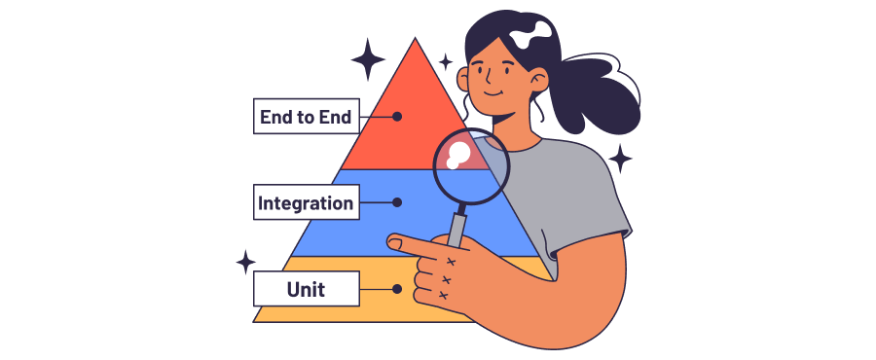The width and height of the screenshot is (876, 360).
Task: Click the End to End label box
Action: (305, 117)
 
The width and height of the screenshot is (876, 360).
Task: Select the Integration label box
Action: (305, 203)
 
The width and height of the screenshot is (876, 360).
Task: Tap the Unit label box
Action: (305, 289)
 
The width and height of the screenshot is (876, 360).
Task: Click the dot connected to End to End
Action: (397, 117)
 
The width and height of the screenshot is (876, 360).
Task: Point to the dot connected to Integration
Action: (397, 203)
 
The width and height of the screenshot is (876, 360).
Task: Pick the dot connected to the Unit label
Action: (397, 289)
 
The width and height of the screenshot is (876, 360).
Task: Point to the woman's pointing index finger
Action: (414, 242)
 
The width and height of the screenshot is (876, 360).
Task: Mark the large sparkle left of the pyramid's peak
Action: (369, 59)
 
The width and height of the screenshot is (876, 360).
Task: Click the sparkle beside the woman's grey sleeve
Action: (619, 158)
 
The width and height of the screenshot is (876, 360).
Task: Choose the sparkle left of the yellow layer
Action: (246, 262)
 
